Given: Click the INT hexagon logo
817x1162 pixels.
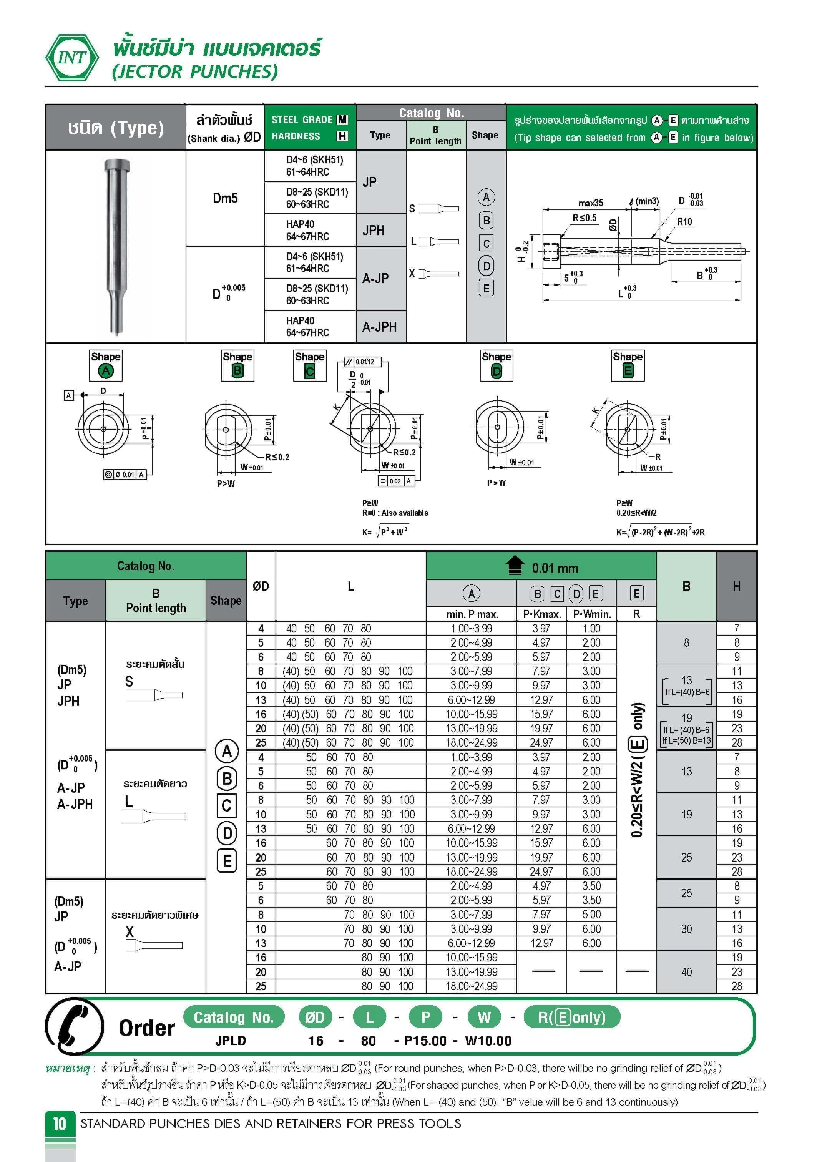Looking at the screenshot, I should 72,57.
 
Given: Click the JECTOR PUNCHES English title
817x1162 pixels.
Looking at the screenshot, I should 195,72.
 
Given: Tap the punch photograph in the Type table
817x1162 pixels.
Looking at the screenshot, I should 116,246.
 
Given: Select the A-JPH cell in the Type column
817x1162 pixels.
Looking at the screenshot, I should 380,327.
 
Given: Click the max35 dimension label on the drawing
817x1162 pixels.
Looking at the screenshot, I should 591,203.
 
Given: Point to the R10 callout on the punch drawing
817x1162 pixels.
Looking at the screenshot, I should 684,222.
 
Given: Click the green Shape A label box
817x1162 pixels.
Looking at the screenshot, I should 106,365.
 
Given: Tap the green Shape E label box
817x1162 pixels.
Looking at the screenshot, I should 628,365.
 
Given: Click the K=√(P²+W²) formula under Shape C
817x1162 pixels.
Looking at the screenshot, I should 385,531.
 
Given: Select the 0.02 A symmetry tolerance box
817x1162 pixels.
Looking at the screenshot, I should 396,481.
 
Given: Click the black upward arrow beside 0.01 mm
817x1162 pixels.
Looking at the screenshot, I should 515,566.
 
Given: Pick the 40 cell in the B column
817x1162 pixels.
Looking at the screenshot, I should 686,972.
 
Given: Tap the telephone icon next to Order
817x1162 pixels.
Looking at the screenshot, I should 75,1026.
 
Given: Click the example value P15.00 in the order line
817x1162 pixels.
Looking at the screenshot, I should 425,1041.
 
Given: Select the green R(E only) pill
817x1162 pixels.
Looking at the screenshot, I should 571,1017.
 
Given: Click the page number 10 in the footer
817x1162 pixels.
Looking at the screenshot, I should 60,1124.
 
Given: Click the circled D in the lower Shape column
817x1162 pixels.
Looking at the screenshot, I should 227,833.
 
